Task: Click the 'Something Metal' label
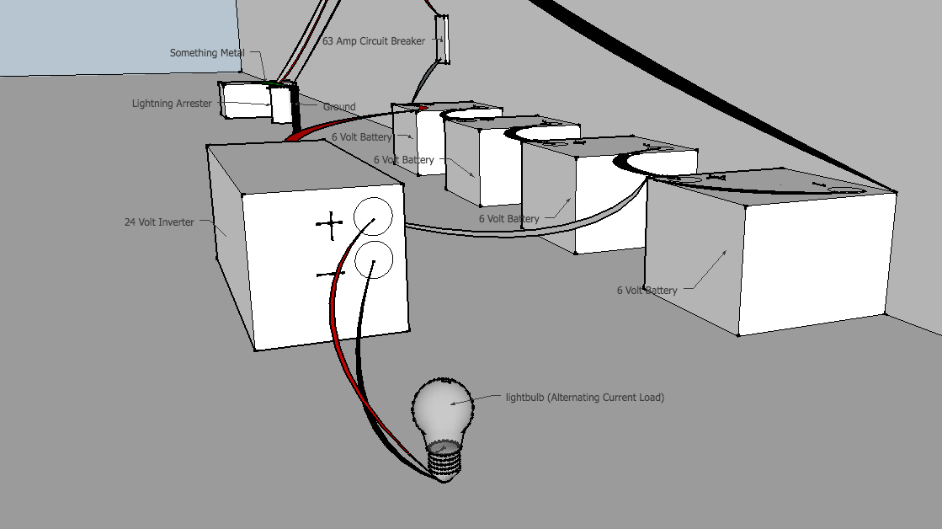[x=207, y=53]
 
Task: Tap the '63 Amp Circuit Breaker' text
[x=374, y=40]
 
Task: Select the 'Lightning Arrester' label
[x=172, y=104]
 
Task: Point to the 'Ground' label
[x=339, y=107]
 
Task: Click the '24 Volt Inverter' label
[x=159, y=222]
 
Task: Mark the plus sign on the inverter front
[x=331, y=223]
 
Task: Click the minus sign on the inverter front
[x=327, y=275]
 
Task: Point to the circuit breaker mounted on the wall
[x=441, y=40]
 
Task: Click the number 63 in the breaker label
[x=328, y=40]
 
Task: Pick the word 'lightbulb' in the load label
[x=524, y=398]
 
